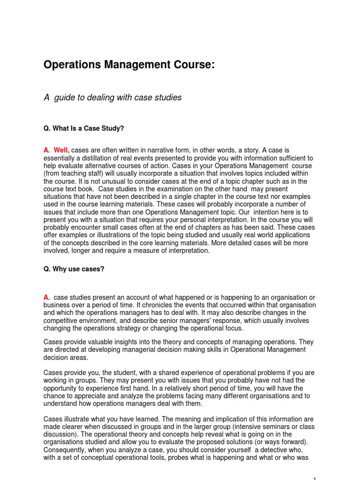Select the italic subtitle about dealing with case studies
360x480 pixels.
pyautogui.click(x=112, y=97)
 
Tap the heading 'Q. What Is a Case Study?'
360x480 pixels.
pyautogui.click(x=83, y=128)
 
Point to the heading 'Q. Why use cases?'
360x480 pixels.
pyautogui.click(x=74, y=269)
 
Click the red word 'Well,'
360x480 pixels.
pyautogui.click(x=61, y=150)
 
